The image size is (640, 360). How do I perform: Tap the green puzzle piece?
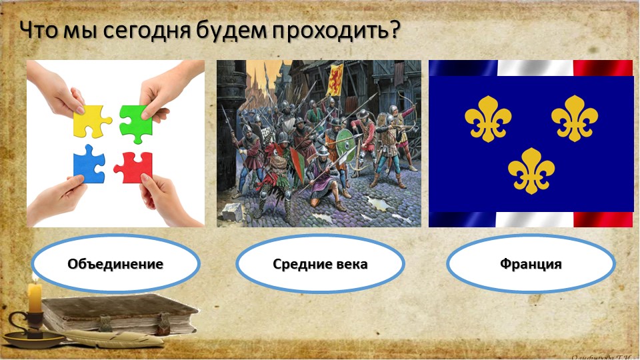click(x=136, y=122)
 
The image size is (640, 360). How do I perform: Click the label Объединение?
click(x=115, y=264)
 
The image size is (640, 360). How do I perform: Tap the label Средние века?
click(x=320, y=264)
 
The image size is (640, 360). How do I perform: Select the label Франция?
click(x=531, y=264)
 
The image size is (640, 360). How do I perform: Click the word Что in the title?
click(x=37, y=30)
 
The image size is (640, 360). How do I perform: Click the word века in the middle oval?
click(x=351, y=264)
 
